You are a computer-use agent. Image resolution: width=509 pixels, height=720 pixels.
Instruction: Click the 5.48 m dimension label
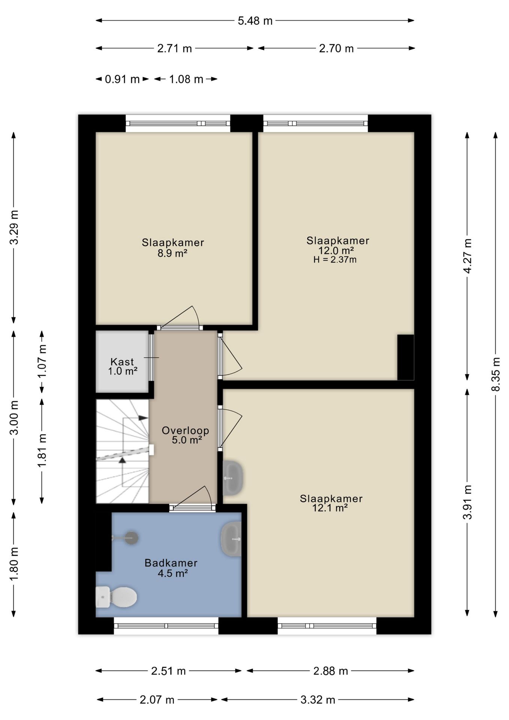[x=255, y=21]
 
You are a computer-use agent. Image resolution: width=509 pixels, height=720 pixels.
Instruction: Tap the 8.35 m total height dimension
[x=496, y=374]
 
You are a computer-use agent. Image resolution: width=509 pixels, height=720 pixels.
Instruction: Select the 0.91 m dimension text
[x=122, y=79]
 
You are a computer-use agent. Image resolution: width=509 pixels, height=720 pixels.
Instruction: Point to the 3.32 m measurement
[x=317, y=700]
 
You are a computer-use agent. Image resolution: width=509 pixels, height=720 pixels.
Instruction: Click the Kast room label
[x=122, y=362]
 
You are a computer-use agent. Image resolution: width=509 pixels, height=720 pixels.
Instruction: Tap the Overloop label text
[x=185, y=430]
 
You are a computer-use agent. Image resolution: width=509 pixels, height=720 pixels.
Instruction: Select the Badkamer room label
[x=171, y=563]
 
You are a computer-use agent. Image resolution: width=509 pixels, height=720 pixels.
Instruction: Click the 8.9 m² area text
[x=172, y=253]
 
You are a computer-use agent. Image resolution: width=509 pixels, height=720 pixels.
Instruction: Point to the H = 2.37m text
[x=335, y=259]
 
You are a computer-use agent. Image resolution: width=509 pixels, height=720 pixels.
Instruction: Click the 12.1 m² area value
[x=330, y=508]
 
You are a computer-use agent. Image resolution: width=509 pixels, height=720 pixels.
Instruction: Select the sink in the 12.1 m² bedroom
[x=233, y=478]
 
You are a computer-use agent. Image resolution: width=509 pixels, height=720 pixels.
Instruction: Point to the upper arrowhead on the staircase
[x=143, y=418]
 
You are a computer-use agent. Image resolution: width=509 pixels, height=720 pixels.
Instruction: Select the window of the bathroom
[x=166, y=625]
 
